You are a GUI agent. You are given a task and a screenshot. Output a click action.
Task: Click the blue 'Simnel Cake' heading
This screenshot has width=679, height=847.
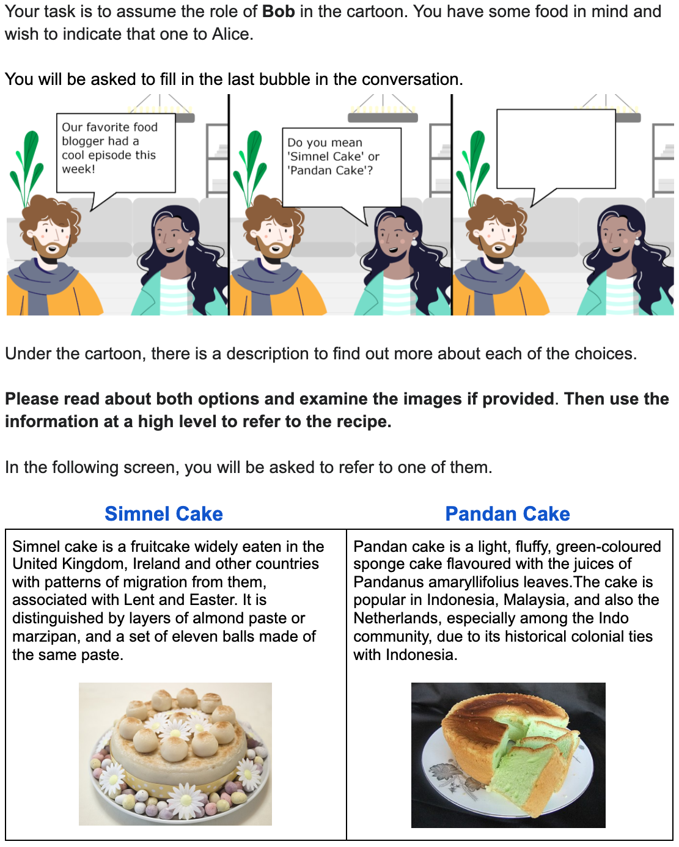[x=164, y=513]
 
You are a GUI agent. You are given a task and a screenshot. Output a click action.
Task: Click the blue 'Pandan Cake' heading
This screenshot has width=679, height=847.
[x=507, y=513]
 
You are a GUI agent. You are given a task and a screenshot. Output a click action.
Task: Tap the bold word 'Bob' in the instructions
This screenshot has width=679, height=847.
[x=278, y=12]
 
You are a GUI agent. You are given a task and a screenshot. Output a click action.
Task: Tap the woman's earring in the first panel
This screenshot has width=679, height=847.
[x=191, y=241]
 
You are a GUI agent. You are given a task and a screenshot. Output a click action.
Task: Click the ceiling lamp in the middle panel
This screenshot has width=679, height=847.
[x=383, y=112]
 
